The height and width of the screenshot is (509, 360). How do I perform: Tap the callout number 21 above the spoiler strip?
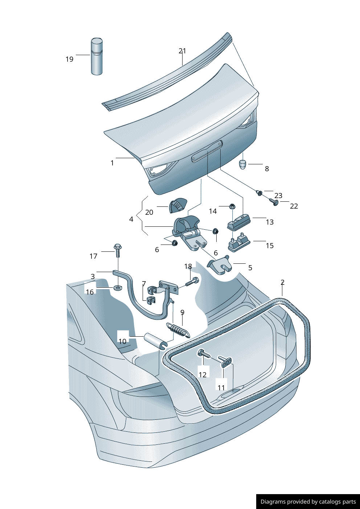tap(182, 51)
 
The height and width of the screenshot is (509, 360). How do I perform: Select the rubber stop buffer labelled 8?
tap(243, 164)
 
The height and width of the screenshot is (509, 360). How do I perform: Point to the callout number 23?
tap(278, 196)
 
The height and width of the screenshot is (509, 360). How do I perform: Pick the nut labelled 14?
tap(232, 206)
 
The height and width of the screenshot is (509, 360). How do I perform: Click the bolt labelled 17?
tap(118, 250)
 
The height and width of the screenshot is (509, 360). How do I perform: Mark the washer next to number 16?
tap(118, 288)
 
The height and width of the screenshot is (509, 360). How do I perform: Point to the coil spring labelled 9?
tap(178, 330)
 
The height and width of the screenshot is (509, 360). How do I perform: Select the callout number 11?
tap(221, 388)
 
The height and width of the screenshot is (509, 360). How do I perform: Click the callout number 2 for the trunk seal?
tap(282, 282)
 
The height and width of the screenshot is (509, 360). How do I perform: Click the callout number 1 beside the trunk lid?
tap(112, 163)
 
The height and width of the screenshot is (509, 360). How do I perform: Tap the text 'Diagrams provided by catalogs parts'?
tap(308, 502)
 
